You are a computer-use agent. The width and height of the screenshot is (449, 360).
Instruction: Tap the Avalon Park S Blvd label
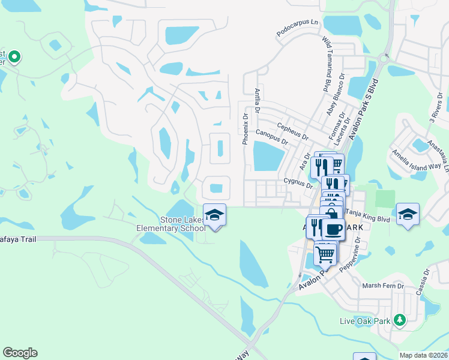366,108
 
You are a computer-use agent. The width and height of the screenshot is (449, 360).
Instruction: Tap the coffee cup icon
333,229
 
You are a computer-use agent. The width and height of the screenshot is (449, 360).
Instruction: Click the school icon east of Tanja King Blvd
408,215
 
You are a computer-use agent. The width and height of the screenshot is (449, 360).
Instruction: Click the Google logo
20,352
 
